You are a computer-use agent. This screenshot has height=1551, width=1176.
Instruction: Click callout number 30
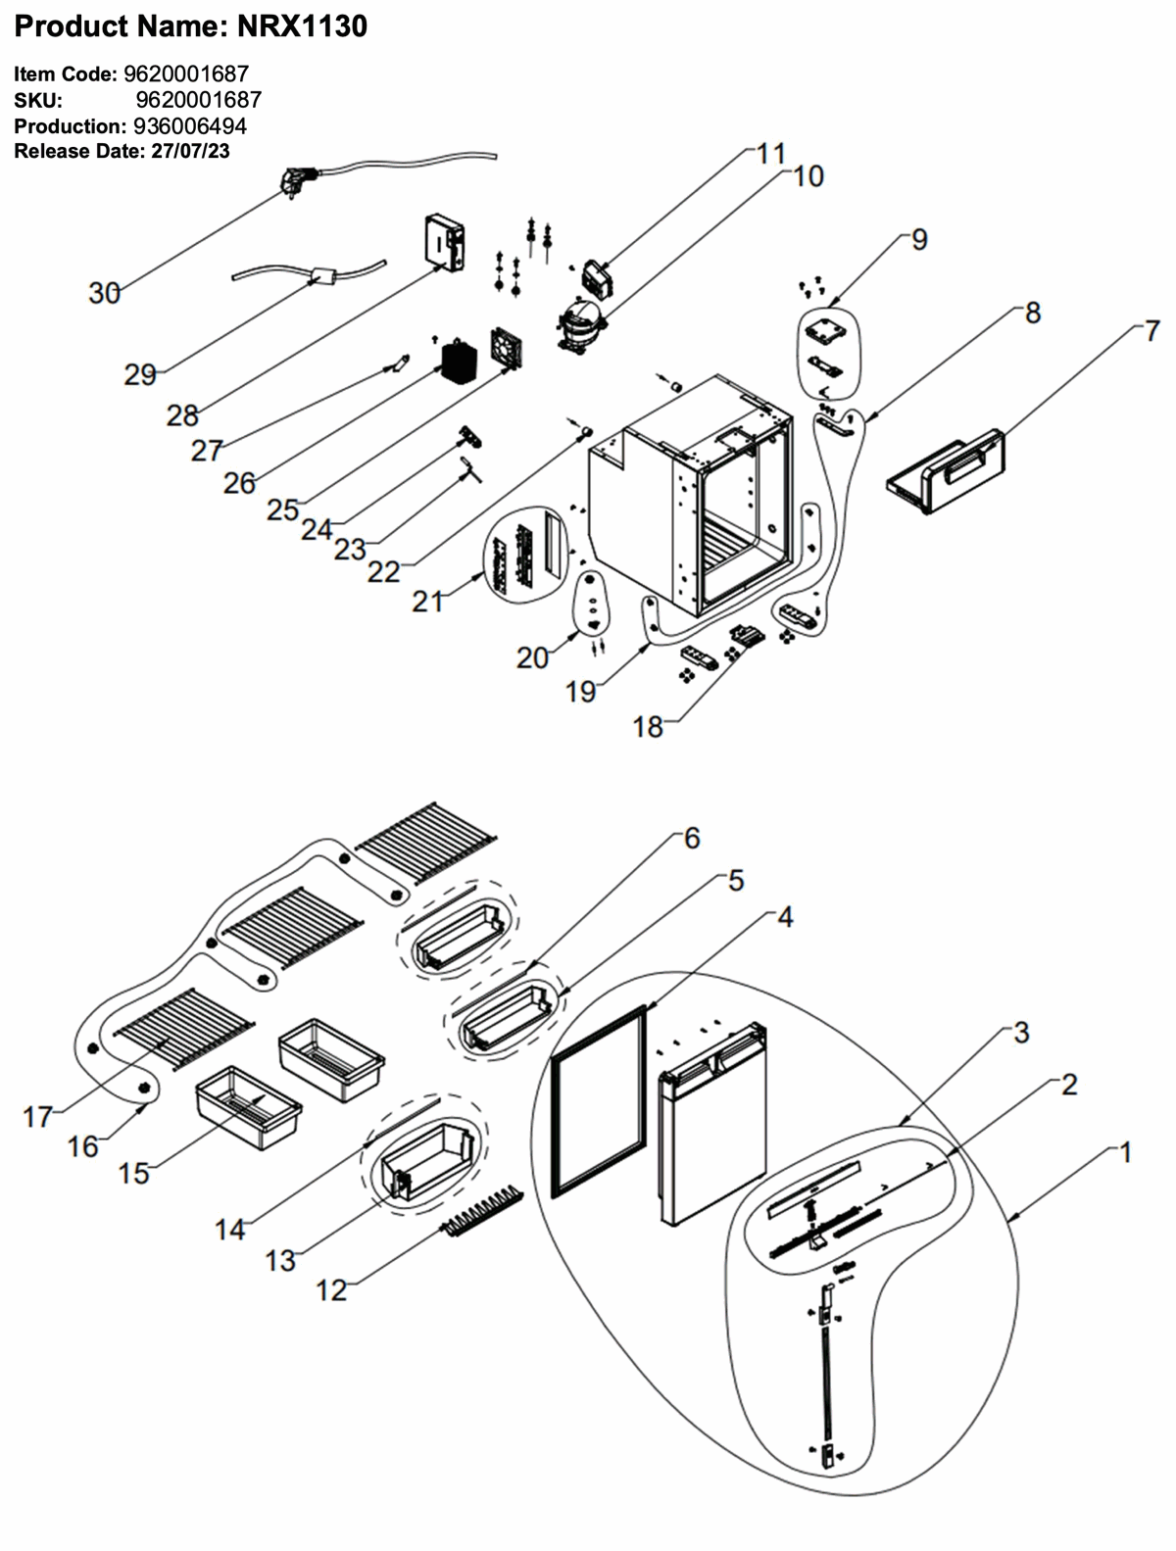(104, 293)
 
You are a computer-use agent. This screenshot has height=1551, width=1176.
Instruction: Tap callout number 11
(771, 154)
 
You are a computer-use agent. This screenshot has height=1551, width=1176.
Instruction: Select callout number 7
(1151, 330)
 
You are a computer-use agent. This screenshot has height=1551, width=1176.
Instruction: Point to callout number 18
(648, 727)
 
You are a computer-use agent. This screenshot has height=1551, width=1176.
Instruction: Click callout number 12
(331, 1290)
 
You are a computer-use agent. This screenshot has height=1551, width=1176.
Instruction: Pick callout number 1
(1125, 1153)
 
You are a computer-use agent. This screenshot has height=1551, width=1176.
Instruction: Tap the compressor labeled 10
(581, 325)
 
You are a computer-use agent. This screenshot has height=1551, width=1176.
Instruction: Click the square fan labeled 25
(506, 350)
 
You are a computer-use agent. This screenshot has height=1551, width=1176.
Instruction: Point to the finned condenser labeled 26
(457, 362)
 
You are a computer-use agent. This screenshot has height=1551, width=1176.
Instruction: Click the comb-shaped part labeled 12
(482, 1210)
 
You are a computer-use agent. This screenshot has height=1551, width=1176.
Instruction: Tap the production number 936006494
(190, 126)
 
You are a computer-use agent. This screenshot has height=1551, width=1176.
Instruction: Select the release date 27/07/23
(190, 152)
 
